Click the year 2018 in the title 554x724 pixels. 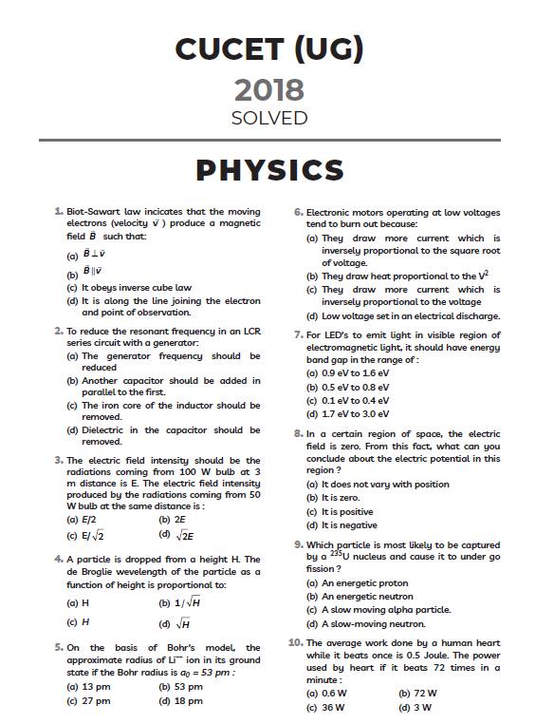pyautogui.click(x=269, y=90)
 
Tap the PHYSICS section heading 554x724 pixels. pyautogui.click(x=269, y=170)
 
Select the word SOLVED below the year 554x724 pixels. pyautogui.click(x=269, y=118)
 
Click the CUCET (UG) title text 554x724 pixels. pyautogui.click(x=269, y=48)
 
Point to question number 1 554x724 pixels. pyautogui.click(x=59, y=211)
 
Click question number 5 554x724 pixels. pyautogui.click(x=59, y=647)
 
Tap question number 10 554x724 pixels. pyautogui.click(x=295, y=642)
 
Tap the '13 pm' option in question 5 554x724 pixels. pyautogui.click(x=95, y=686)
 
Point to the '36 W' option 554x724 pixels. pyautogui.click(x=332, y=707)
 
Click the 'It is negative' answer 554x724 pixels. pyautogui.click(x=349, y=524)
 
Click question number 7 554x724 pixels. pyautogui.click(x=298, y=334)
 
